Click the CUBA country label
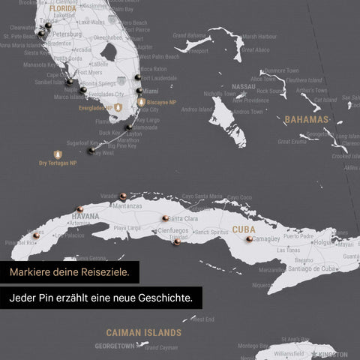[x=244, y=229]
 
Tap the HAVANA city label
[x=85, y=216]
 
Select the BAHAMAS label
[x=306, y=119]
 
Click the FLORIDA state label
[x=63, y=10]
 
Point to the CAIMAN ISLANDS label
[x=143, y=331]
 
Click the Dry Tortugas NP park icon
[x=58, y=154]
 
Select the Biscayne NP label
[x=162, y=102]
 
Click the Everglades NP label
[x=95, y=108]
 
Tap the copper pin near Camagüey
[x=249, y=238]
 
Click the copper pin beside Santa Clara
[x=165, y=218]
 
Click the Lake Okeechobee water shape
[x=109, y=52]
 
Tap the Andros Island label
[x=198, y=109]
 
